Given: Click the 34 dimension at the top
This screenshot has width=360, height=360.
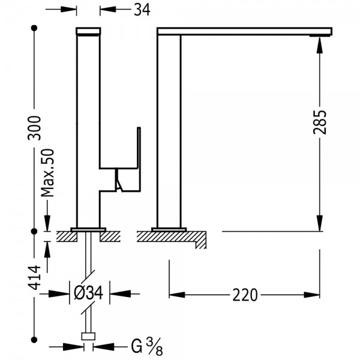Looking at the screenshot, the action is tap(142, 10).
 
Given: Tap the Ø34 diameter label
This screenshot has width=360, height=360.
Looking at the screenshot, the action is tap(88, 293).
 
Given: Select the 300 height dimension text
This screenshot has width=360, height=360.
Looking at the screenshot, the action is tap(34, 128).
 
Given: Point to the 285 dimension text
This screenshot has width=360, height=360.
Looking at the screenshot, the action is tap(319, 122).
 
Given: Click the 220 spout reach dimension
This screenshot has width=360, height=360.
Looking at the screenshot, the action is tap(245, 295).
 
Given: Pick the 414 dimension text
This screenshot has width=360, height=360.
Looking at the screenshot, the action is tap(34, 277).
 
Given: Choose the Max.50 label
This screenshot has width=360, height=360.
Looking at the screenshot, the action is tap(47, 173).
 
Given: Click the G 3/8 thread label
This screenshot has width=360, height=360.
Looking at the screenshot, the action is tap(147, 346).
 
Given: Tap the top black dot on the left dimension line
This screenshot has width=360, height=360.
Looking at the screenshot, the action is tap(34, 28).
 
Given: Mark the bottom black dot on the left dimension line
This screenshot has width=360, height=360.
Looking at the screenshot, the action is tap(34, 340).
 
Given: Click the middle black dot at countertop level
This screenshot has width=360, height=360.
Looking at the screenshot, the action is tap(34, 232).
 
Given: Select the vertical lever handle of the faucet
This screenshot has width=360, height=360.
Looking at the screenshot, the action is tap(139, 159).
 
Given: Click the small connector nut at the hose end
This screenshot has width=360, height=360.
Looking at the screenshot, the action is tap(88, 337).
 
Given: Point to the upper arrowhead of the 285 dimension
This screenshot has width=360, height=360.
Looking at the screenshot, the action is tap(319, 45).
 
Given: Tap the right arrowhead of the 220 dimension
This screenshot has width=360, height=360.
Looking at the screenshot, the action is tap(312, 295).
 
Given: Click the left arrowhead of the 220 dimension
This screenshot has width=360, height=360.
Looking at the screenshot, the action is tap(177, 295).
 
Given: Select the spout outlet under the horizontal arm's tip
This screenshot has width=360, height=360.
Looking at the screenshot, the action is tap(320, 35).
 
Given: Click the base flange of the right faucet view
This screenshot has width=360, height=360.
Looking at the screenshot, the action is tap(169, 229).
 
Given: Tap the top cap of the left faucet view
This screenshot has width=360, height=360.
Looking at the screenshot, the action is tap(88, 31).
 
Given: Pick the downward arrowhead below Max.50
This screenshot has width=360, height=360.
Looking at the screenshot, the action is tap(47, 223).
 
